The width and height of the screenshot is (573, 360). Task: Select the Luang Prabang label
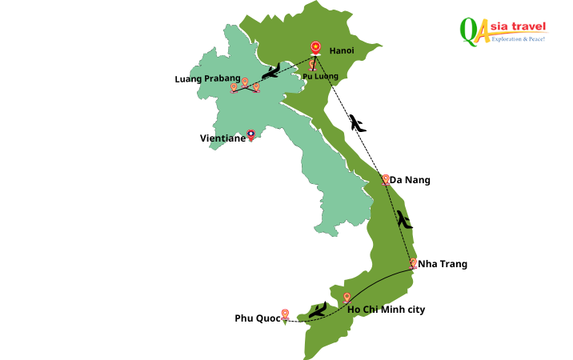coord(207,78)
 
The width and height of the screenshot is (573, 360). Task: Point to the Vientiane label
coord(222,138)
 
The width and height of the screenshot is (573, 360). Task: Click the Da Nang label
coord(410,181)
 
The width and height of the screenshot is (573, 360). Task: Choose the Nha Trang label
coord(443,264)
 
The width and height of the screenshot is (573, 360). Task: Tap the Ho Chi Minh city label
coord(387,310)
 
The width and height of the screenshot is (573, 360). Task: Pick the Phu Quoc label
coord(258,318)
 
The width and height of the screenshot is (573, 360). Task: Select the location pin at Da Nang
coord(386,179)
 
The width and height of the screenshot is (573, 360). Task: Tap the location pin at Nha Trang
coord(413,262)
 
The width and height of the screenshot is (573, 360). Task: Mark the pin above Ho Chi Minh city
coord(347,298)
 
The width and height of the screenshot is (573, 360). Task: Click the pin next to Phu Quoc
coord(285,314)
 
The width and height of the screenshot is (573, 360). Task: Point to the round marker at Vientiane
coord(251,134)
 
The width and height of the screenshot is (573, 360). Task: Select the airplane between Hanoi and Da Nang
coord(357,123)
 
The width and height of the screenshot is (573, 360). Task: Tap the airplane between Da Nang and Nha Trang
coord(404,218)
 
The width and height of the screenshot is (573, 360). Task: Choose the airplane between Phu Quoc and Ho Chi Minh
coord(318,310)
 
